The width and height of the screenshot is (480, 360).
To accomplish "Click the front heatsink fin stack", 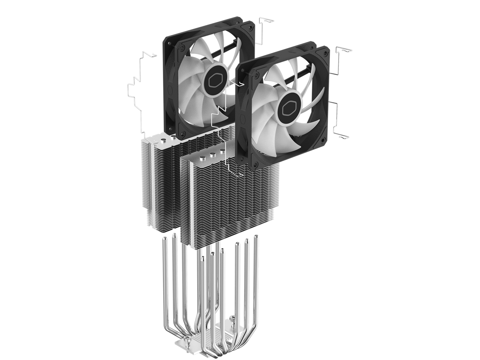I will (x=225, y=202).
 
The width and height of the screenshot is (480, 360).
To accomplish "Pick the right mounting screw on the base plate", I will (x=233, y=318).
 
